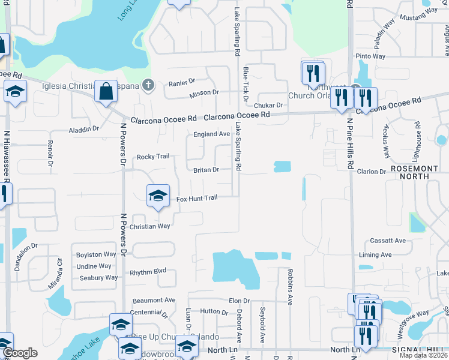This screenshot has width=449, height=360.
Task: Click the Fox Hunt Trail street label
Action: (196, 199)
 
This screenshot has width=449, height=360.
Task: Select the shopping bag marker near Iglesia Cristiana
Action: (106, 92)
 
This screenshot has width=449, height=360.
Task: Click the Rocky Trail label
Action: (153, 157)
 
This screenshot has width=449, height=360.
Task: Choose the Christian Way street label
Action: (151, 226)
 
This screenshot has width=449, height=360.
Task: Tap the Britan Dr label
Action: (205, 170)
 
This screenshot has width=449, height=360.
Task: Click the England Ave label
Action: (211, 134)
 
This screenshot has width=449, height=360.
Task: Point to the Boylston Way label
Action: (96, 255)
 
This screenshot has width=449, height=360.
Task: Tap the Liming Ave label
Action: (375, 255)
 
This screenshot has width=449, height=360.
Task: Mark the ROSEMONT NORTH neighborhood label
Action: (418, 172)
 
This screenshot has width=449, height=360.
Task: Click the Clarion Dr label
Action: (372, 172)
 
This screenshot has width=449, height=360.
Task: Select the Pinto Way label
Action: (370, 56)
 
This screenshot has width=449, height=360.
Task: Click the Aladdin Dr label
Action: (84, 129)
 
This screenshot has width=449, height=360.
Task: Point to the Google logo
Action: (20, 353)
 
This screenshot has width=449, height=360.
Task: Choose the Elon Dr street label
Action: (238, 301)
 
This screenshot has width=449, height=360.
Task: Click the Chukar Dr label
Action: (268, 105)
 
